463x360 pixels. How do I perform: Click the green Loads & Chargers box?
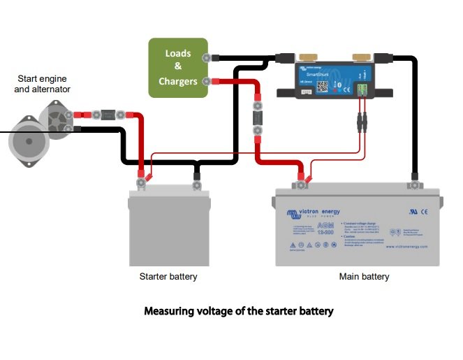[178, 68]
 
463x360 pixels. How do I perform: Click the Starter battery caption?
[168, 277]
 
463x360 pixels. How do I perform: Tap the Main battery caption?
[364, 277]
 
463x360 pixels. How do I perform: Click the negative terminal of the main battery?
[415, 185]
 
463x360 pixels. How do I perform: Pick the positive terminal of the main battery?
[302, 184]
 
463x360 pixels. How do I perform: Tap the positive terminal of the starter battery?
[142, 182]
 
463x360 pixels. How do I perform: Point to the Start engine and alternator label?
[42, 84]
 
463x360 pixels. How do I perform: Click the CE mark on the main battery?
[423, 210]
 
